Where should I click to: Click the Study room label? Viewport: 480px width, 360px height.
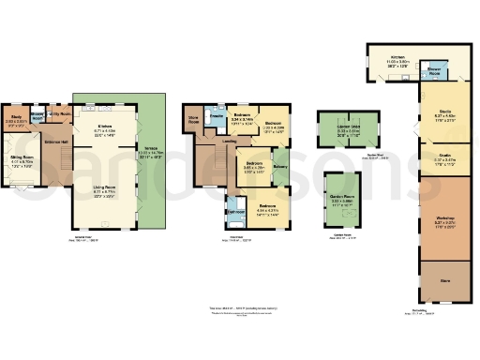point(17,117)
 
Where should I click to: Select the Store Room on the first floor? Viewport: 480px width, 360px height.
point(193,121)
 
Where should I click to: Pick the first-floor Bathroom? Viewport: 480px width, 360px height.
point(234,211)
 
